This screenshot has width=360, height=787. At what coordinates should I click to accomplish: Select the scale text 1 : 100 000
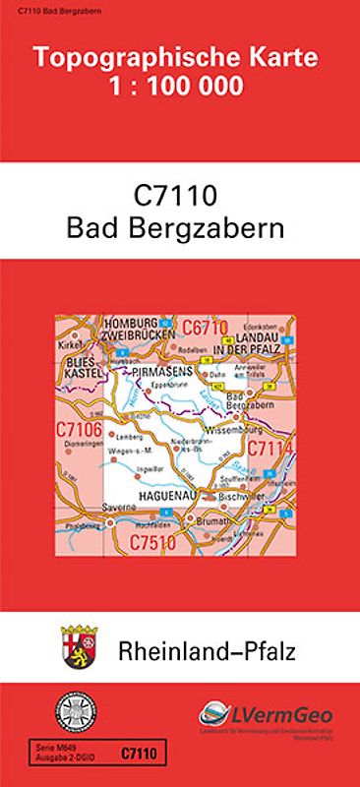(x=179, y=87)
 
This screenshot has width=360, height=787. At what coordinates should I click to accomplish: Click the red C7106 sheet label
(x=79, y=429)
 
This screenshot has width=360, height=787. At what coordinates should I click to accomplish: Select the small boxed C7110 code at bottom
(x=135, y=753)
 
